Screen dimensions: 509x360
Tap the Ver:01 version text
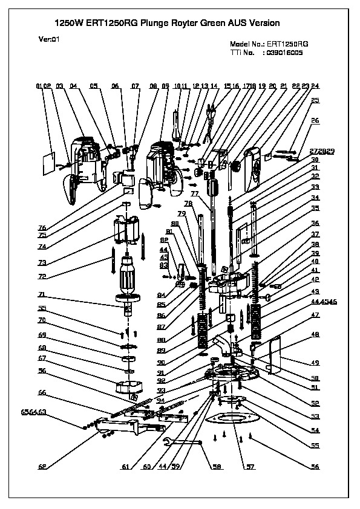coord(49,38)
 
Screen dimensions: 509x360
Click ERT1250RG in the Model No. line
coord(287,45)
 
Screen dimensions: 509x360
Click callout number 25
coord(315,100)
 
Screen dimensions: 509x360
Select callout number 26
coord(315,120)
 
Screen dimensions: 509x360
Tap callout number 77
coord(195,193)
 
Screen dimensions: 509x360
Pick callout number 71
coord(42,294)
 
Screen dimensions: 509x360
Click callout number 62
coord(42,467)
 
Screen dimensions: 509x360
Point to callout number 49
coord(315,363)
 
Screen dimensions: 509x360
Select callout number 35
coord(315,209)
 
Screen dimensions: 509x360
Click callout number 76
coord(42,228)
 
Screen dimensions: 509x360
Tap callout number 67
coord(42,358)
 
